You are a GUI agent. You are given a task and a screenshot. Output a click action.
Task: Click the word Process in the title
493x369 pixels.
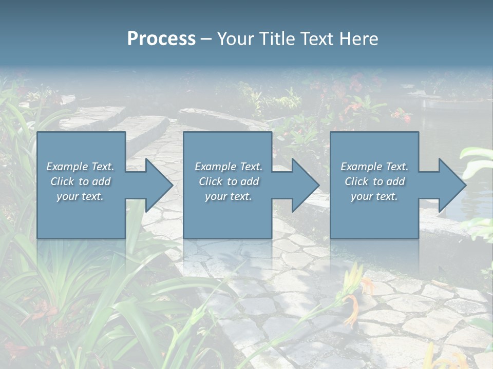161,39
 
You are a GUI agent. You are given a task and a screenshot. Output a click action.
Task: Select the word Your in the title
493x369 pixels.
234,39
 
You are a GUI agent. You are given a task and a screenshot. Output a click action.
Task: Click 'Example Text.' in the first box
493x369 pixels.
80,167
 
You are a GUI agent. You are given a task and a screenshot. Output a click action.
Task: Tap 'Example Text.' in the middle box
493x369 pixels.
228,167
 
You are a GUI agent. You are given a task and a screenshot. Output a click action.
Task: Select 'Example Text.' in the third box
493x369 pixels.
374,167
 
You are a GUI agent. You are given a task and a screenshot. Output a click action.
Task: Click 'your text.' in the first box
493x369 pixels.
80,196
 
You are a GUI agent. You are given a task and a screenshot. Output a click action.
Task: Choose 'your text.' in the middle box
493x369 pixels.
228,196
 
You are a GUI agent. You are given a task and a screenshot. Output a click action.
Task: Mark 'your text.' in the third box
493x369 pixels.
374,196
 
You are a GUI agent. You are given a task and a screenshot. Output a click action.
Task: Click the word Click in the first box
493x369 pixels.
62,181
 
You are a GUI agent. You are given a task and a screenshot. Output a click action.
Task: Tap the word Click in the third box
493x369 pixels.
356,181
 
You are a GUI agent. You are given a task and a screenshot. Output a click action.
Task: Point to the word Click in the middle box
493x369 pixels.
211,181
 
